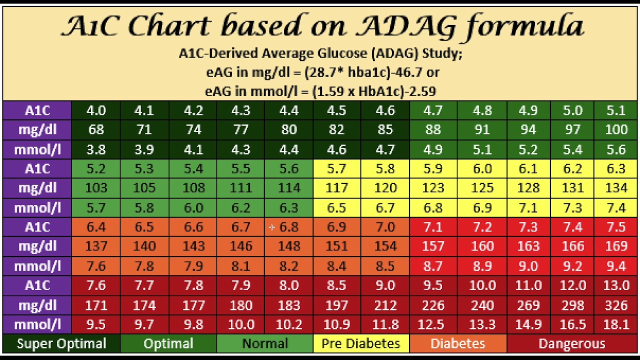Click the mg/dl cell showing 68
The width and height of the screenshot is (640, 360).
(95, 130)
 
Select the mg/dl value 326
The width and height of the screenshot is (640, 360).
(616, 305)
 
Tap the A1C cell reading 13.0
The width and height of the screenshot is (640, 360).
(616, 285)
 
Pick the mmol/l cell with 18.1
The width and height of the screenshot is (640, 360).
(616, 324)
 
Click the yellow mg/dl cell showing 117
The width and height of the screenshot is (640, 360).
(336, 188)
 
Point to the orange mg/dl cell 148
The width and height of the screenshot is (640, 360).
(288, 246)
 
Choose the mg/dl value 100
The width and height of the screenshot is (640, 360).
(616, 130)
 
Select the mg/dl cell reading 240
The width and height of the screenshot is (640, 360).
(482, 305)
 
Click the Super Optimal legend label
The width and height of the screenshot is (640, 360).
(61, 344)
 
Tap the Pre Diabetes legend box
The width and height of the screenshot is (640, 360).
(360, 344)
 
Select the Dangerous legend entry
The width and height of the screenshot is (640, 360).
(571, 344)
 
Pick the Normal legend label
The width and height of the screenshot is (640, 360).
(264, 344)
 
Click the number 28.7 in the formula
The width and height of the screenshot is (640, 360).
(316, 72)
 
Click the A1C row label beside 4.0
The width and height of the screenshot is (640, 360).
(37, 110)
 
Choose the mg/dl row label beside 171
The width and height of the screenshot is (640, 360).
(37, 305)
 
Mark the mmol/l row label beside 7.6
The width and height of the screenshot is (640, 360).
(37, 266)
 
